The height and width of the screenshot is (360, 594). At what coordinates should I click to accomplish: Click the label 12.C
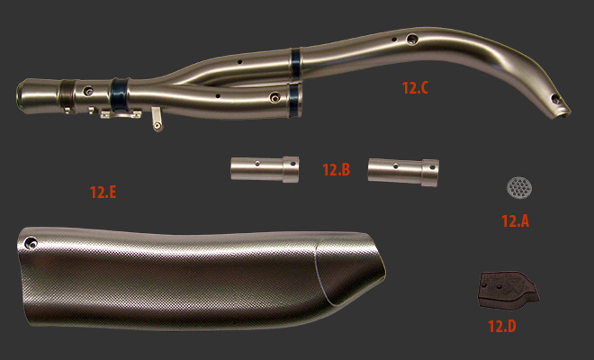(x=415, y=88)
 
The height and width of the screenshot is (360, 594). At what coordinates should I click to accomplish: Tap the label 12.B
(x=336, y=169)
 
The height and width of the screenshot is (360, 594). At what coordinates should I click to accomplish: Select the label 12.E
(x=103, y=192)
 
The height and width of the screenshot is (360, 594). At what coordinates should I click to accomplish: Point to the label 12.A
(x=515, y=220)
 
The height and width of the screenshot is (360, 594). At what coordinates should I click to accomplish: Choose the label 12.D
(x=502, y=326)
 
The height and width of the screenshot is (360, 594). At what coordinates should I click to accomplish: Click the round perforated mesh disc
(x=519, y=187)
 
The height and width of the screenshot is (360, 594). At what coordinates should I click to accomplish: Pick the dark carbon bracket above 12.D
(x=508, y=290)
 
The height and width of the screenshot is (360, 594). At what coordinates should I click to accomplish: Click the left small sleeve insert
(x=265, y=169)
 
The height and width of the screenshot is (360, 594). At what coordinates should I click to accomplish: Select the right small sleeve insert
(x=403, y=173)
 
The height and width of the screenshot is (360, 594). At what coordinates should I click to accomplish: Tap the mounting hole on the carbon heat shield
(x=31, y=243)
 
